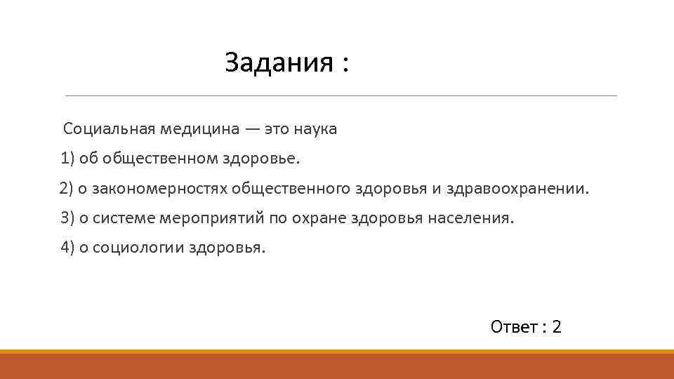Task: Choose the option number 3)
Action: tap(68, 218)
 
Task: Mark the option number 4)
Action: tap(68, 248)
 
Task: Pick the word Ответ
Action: tap(514, 327)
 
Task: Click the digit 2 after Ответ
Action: tap(557, 327)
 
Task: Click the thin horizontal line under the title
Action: tap(341, 95)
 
